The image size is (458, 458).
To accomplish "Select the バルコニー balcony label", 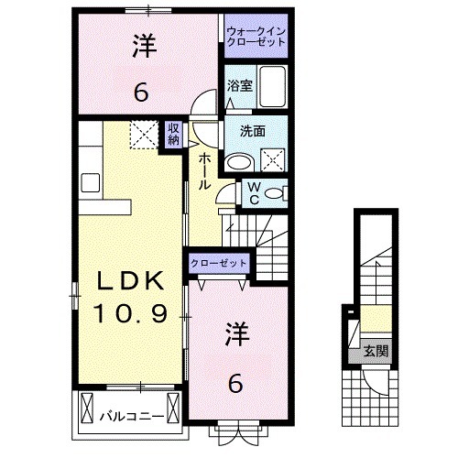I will (132, 416).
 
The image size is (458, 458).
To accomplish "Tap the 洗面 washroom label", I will (253, 131).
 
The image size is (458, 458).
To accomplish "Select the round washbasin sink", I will (240, 163).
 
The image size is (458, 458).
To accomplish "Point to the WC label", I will (253, 193).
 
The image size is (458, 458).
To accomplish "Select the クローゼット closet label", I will (219, 263).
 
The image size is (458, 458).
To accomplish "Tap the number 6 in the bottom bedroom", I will (235, 385).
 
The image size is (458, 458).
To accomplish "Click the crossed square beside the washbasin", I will (273, 161).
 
